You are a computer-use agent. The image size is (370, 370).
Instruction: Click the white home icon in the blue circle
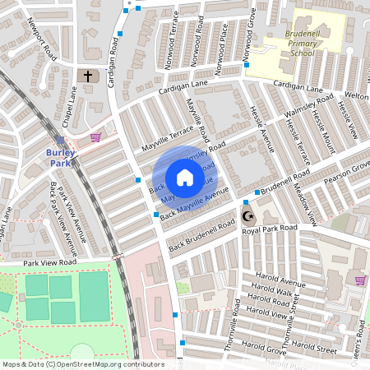tap(184, 178)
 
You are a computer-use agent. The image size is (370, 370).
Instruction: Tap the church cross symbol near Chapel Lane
tap(88, 76)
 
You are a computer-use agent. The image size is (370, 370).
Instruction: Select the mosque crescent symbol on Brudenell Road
tap(247, 217)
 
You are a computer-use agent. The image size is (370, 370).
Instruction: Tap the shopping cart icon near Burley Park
tap(95, 136)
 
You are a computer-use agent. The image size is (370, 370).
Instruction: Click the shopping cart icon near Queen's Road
tap(360, 280)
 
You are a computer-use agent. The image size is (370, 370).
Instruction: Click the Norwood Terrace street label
tap(169, 52)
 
